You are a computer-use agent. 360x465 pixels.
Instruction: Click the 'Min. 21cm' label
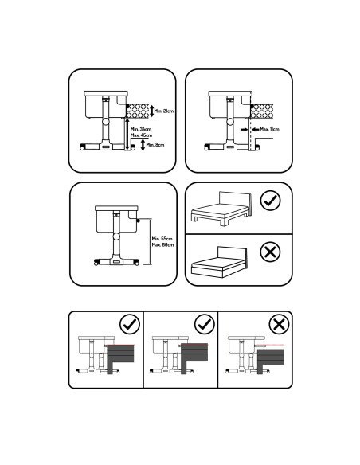pos(162,111)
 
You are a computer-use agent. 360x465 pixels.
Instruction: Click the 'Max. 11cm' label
pos(264,129)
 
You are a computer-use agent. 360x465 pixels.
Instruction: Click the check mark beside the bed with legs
pos(271,201)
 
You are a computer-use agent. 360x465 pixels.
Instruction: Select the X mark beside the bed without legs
pos(271,253)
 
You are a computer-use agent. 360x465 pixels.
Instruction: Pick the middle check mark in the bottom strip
pos(204,324)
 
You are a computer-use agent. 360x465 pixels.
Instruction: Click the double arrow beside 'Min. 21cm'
pos(151,111)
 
